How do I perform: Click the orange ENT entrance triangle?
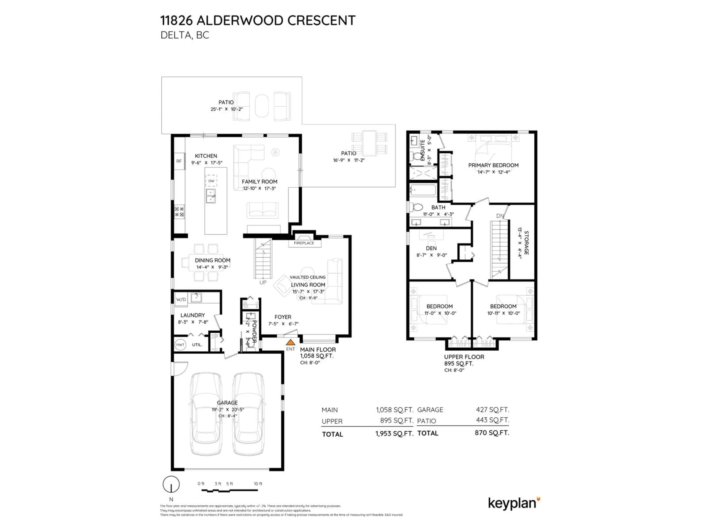click(x=290, y=343)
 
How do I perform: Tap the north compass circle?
click(x=171, y=484)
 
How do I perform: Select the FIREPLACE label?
click(x=304, y=243)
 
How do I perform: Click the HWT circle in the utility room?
click(x=180, y=345)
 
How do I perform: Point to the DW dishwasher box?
click(x=211, y=181)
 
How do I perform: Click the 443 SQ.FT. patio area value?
click(x=492, y=420)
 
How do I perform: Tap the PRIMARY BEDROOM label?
click(x=493, y=165)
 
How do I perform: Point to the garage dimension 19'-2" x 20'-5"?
click(x=228, y=409)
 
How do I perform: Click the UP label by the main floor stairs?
click(x=263, y=282)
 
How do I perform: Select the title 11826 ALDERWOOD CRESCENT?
click(x=258, y=20)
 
